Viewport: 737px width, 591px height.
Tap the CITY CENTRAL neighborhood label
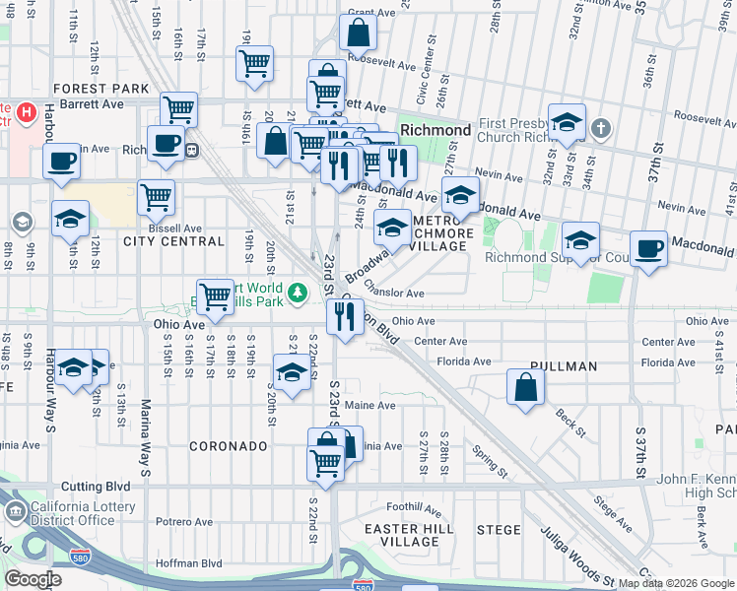point(173,241)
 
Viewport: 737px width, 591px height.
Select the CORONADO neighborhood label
point(228,446)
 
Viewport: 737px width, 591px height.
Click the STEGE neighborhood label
point(499,530)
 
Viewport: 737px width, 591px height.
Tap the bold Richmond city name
point(435,130)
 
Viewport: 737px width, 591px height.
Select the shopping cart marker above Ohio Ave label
point(216,295)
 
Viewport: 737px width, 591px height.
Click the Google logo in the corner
point(33,578)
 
